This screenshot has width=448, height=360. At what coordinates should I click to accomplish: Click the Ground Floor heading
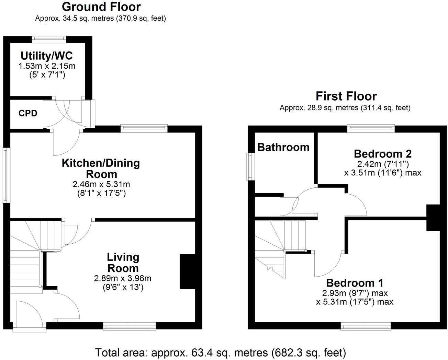point(101,7)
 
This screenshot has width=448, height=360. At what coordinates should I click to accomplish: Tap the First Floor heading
point(346,96)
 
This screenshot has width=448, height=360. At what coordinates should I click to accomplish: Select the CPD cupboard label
point(28,113)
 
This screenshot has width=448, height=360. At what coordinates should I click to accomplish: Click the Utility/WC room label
point(47,56)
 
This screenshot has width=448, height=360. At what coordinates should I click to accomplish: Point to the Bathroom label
point(283,147)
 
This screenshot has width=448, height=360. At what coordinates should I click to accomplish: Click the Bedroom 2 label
point(383,154)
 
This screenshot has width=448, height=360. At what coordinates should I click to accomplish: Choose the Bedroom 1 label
point(355,283)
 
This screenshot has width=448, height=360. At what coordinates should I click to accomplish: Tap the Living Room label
point(123,263)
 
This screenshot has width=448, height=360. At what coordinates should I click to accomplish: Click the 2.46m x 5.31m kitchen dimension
point(101,184)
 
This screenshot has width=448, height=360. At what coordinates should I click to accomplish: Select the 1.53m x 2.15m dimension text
point(47,66)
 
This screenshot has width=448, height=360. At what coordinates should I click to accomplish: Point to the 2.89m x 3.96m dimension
point(123,278)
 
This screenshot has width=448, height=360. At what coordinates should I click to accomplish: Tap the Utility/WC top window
point(49,39)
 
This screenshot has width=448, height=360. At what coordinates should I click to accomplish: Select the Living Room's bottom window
point(129,326)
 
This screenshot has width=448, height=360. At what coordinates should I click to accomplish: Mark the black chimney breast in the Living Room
point(187,271)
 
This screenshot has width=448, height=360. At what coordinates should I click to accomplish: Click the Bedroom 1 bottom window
point(366,326)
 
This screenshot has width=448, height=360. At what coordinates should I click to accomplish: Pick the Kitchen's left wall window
point(6,175)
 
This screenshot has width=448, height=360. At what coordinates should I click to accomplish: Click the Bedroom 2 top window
point(371,128)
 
